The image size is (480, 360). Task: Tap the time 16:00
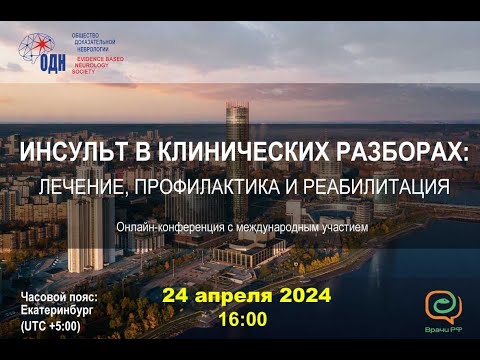pos(242,320)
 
